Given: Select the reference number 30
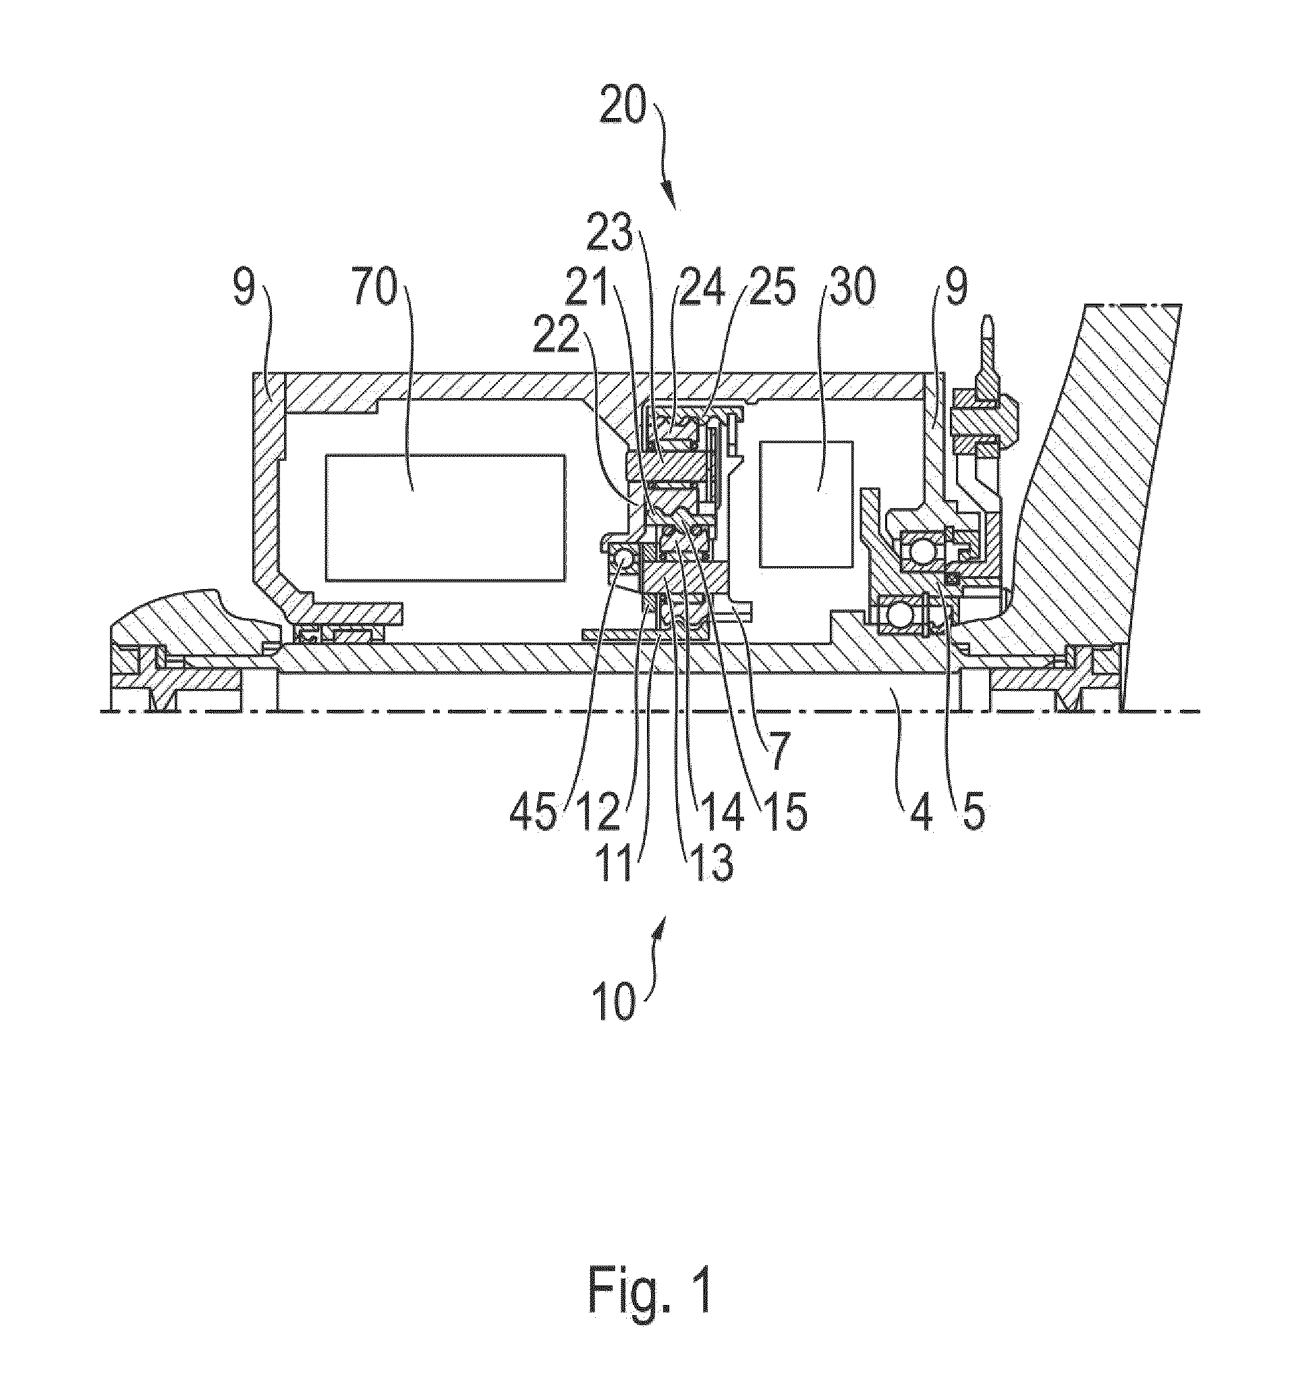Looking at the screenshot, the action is coord(849,287).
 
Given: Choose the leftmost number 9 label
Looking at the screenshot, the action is coord(242,287).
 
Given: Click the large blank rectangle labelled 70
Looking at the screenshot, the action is coord(445,516).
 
